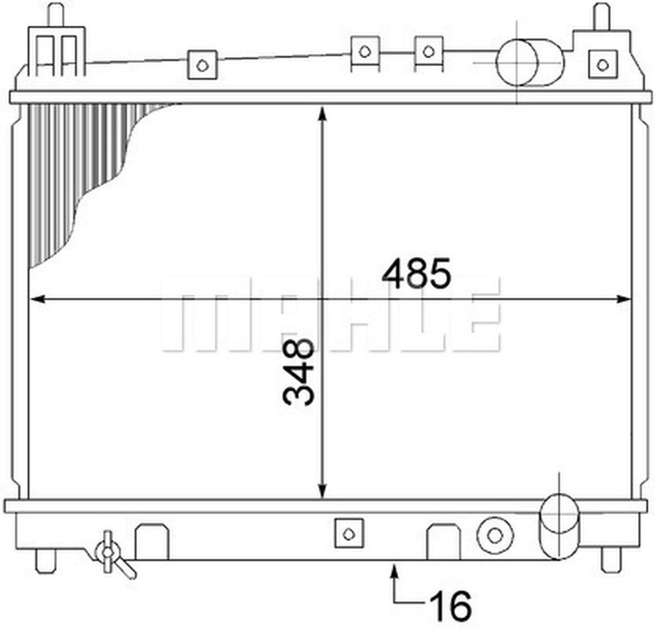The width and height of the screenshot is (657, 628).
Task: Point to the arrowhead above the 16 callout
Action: click(x=394, y=569)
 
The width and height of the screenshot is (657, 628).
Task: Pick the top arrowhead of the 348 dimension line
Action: click(x=322, y=112)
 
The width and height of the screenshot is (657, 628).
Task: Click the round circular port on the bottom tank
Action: click(x=494, y=536)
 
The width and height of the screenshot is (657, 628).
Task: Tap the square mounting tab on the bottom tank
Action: click(x=349, y=534)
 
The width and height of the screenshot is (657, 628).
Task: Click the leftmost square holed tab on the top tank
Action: click(x=203, y=65)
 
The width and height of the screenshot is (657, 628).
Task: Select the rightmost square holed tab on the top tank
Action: click(x=602, y=64)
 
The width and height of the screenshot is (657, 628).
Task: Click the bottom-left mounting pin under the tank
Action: click(x=45, y=560)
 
